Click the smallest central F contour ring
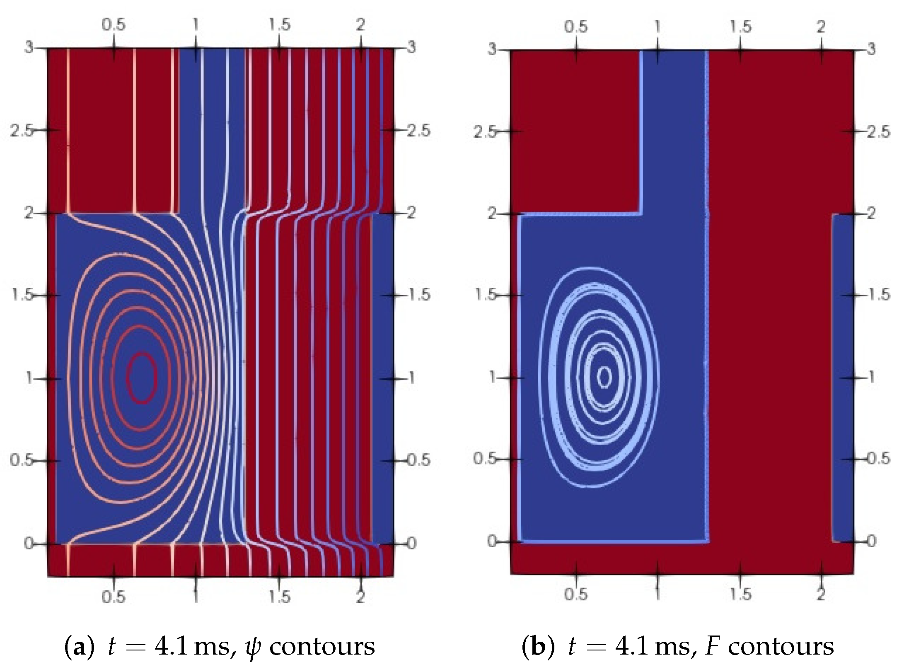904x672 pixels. [x=605, y=376]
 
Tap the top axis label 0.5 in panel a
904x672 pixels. [x=114, y=25]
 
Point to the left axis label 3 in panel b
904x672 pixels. [x=491, y=49]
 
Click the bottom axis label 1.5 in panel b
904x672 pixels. [x=740, y=594]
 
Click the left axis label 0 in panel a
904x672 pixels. [x=28, y=543]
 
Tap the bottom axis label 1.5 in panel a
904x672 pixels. [x=279, y=597]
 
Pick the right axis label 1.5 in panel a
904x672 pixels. [x=419, y=295]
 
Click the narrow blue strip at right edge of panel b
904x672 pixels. [x=843, y=377]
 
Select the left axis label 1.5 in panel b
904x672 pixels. [x=485, y=295]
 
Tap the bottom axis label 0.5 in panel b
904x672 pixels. [x=576, y=594]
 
